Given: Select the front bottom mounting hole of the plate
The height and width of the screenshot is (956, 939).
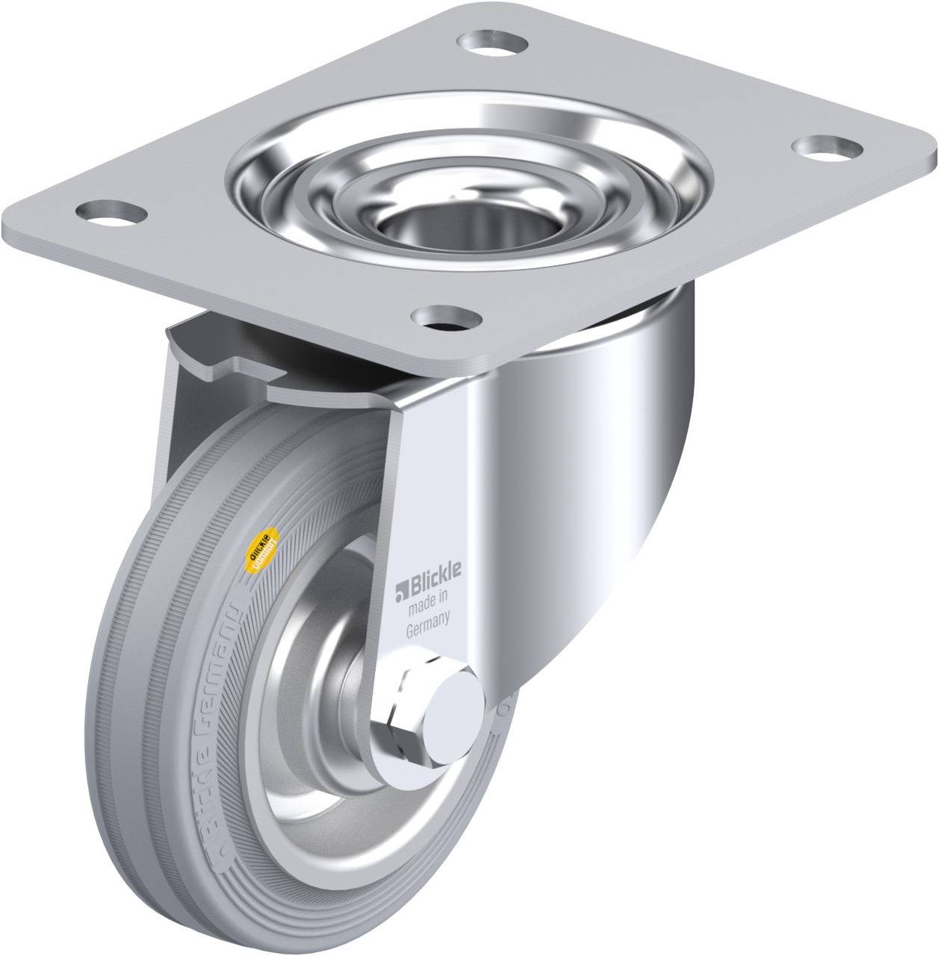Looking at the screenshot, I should (447, 318).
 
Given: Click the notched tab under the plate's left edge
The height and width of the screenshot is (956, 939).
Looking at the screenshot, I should (224, 362).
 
